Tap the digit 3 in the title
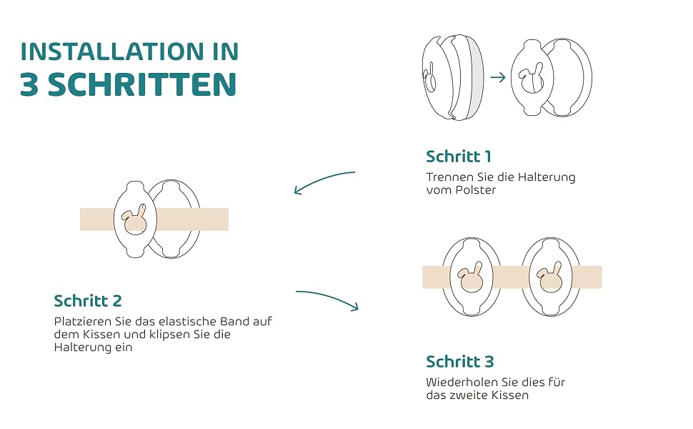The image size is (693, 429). (29, 84)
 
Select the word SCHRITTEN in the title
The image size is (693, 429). (142, 84)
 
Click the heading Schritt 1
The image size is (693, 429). (459, 156)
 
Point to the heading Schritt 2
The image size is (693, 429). (87, 301)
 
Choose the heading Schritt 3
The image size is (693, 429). (459, 361)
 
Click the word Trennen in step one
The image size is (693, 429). (449, 177)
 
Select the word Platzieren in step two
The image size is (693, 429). (83, 321)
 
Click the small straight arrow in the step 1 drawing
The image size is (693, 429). (498, 77)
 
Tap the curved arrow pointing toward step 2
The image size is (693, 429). (321, 179)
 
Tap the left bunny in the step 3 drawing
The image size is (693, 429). (470, 277)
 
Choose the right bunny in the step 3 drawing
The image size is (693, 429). (550, 277)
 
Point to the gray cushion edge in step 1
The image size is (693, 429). (476, 78)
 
